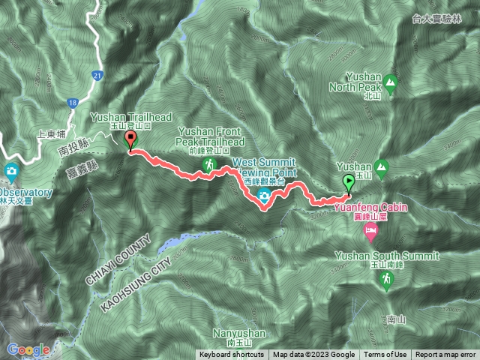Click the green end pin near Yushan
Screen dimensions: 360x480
coord(349,182)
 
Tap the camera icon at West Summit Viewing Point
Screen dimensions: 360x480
coord(264,196)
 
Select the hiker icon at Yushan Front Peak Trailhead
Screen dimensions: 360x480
coord(210,164)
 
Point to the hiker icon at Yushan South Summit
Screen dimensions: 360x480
coord(386,280)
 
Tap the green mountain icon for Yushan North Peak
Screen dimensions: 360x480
coord(388,81)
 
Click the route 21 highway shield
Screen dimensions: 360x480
coord(97,76)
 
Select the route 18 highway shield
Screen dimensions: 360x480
coord(72,102)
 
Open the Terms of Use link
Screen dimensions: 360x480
coord(385,355)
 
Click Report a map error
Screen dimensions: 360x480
coord(445,355)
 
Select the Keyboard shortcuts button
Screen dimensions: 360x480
coord(231,355)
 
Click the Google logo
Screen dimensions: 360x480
coord(28,349)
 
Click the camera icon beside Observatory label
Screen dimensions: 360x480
coord(11,172)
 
